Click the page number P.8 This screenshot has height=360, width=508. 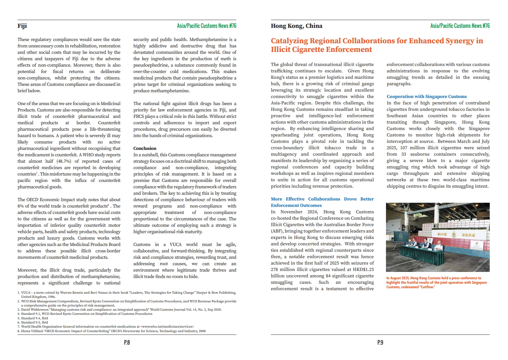click(x=127, y=342)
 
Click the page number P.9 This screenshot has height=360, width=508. click(x=380, y=342)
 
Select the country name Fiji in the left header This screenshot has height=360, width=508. click(x=22, y=26)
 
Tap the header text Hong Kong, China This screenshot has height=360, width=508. click(x=296, y=26)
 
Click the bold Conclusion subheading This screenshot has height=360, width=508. click(x=145, y=148)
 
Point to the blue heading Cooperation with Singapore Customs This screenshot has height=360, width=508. click(x=426, y=96)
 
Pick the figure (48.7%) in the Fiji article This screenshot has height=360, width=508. click(x=64, y=161)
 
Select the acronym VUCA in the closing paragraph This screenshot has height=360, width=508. click(x=176, y=244)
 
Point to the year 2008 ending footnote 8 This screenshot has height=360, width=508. click(x=202, y=331)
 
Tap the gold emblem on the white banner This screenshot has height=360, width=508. click(x=453, y=235)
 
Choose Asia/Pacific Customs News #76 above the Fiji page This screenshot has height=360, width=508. click(x=207, y=26)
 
